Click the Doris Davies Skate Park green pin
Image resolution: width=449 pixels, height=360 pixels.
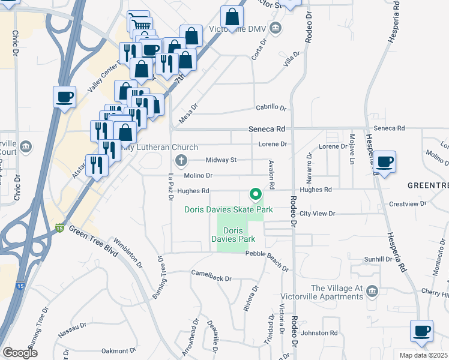(255, 195)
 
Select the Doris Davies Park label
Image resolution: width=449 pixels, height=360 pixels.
(231, 235)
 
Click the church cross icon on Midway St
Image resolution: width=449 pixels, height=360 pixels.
(181, 160)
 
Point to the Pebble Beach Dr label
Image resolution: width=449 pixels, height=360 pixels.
(267, 254)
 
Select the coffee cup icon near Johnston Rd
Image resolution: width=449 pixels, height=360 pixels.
(421, 331)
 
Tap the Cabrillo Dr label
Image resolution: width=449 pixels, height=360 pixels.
(271, 108)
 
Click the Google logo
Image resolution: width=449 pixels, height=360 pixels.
(20, 353)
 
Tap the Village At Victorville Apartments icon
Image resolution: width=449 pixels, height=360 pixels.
(372, 290)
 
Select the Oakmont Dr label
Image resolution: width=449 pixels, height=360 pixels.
(119, 350)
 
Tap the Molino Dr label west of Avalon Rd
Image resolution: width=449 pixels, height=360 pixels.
(201, 175)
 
